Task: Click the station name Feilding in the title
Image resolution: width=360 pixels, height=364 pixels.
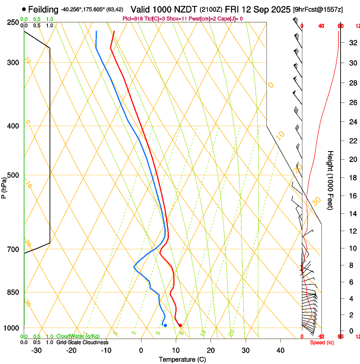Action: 43,9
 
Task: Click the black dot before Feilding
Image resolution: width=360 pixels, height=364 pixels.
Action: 24,9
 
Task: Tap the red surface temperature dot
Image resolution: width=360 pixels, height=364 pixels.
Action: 180,325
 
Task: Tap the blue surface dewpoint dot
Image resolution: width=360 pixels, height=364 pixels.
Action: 165,325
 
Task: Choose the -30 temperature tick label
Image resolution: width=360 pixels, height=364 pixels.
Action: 36,350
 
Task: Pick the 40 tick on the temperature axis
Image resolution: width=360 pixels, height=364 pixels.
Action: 280,350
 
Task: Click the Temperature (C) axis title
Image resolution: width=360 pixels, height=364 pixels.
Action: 182,359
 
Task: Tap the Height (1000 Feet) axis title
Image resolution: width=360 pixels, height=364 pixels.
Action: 330,180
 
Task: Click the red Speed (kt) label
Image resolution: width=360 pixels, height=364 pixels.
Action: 321,342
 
